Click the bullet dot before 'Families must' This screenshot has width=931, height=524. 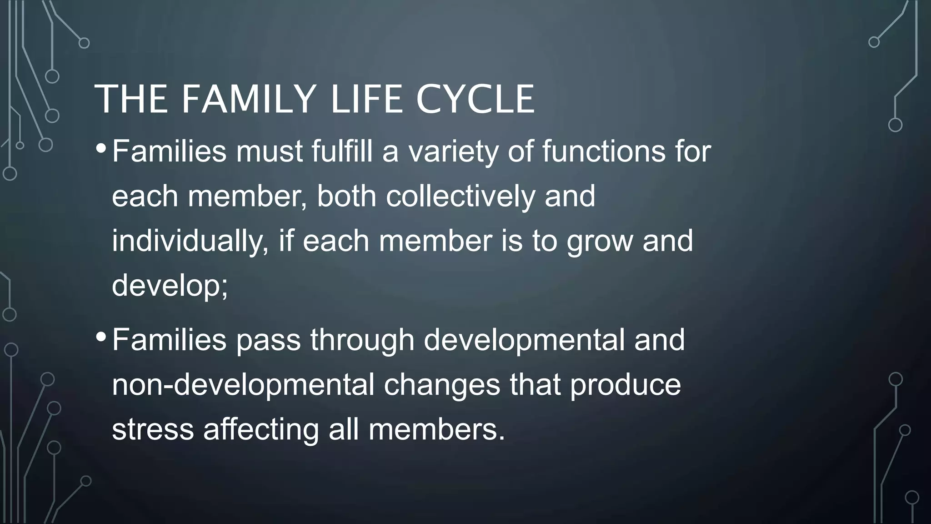click(101, 148)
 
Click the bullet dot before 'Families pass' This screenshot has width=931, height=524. click(101, 337)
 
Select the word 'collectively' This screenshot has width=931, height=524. click(460, 196)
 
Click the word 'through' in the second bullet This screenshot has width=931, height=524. click(362, 340)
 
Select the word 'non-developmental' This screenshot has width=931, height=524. click(243, 385)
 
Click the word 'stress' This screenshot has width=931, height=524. click(153, 429)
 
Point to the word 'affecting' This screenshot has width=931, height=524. click(261, 429)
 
